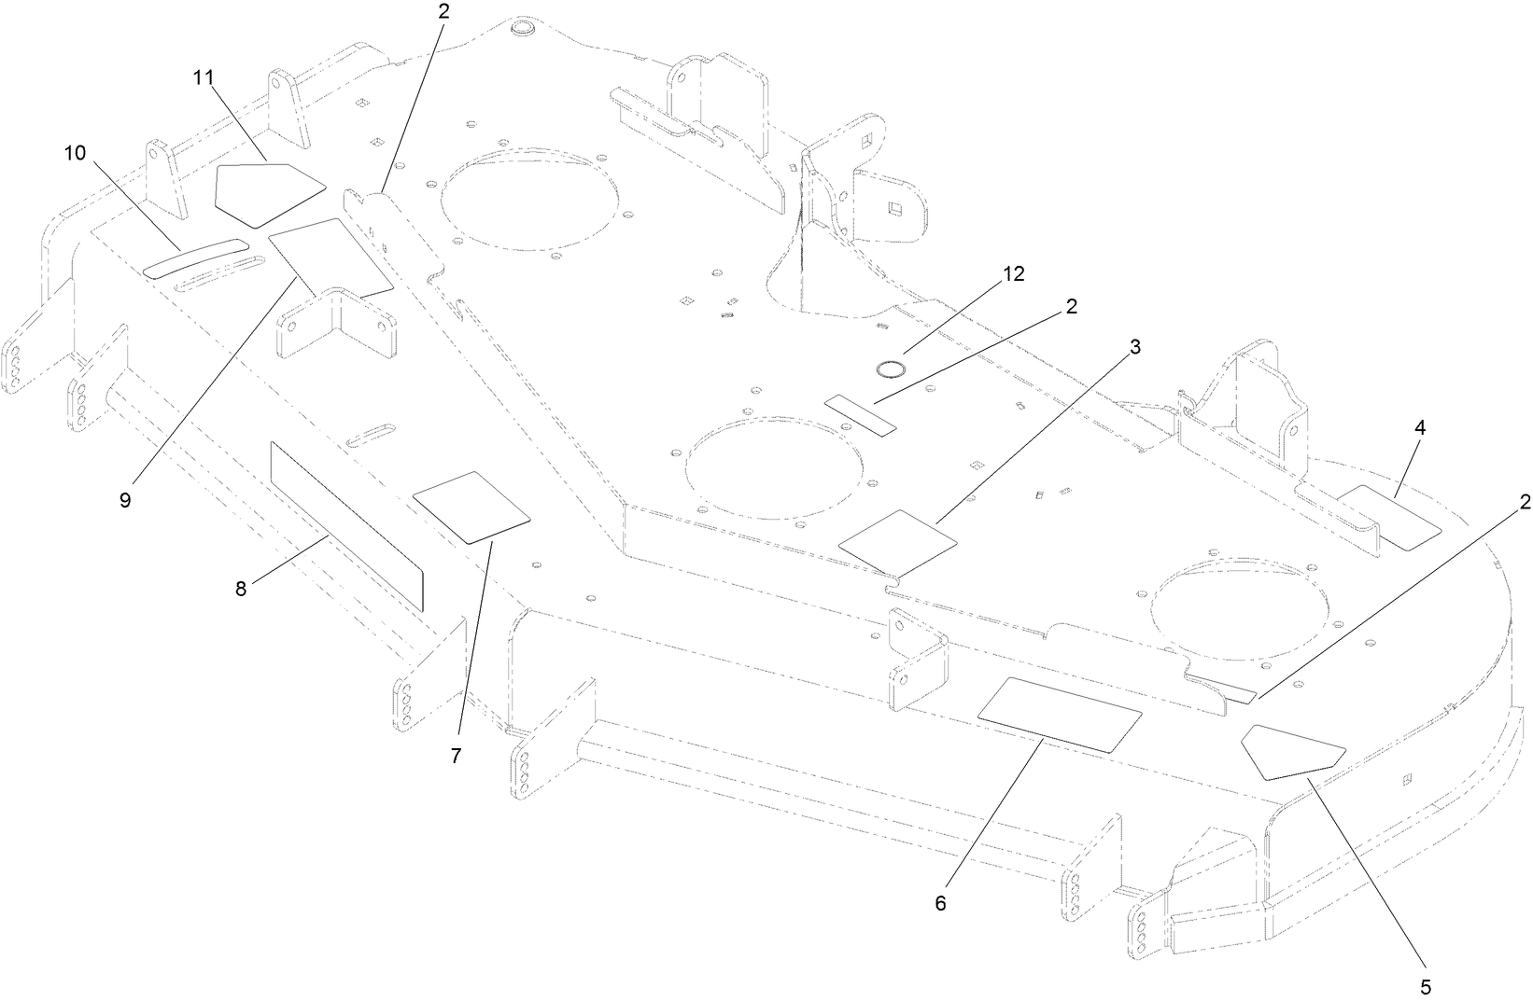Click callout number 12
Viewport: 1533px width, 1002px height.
[x=1013, y=274]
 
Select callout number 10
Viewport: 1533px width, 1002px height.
[x=75, y=152]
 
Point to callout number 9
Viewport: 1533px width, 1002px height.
[x=125, y=499]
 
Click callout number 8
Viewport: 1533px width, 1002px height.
[x=241, y=590]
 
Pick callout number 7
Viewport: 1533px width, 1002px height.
[x=456, y=756]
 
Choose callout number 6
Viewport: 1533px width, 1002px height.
[x=940, y=903]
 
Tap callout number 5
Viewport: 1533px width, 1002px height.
[x=1425, y=986]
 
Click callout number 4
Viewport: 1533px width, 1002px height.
[x=1420, y=428]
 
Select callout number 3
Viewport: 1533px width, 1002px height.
[x=1135, y=347]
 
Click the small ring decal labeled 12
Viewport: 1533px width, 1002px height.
[x=891, y=369]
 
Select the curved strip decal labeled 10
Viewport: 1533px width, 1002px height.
[x=196, y=257]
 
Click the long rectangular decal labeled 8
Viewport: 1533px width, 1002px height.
[x=345, y=525]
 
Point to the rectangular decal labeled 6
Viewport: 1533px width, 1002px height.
[x=1059, y=715]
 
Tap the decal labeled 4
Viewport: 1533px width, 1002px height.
[x=1389, y=517]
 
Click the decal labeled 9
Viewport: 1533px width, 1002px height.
[x=329, y=256]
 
